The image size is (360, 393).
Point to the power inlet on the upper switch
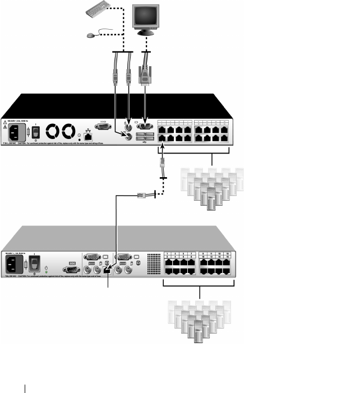click(16, 133)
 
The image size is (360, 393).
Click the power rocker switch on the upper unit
click(35, 132)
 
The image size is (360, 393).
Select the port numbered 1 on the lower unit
click(168, 261)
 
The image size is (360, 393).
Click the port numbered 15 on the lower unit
click(227, 261)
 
